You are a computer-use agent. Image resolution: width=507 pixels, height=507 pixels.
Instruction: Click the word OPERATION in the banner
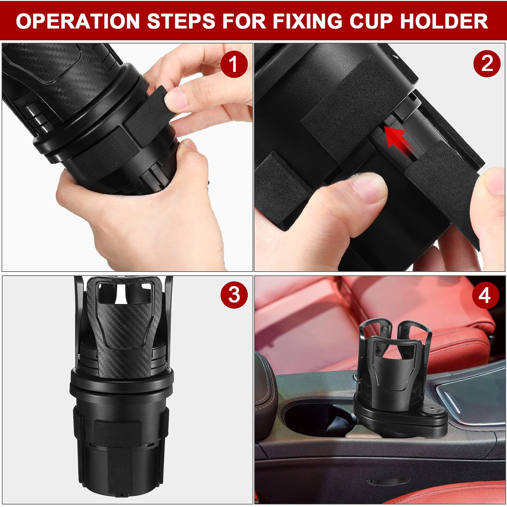pos(78,21)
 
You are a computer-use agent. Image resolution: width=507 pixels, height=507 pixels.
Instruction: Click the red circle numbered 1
pos(234,64)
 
